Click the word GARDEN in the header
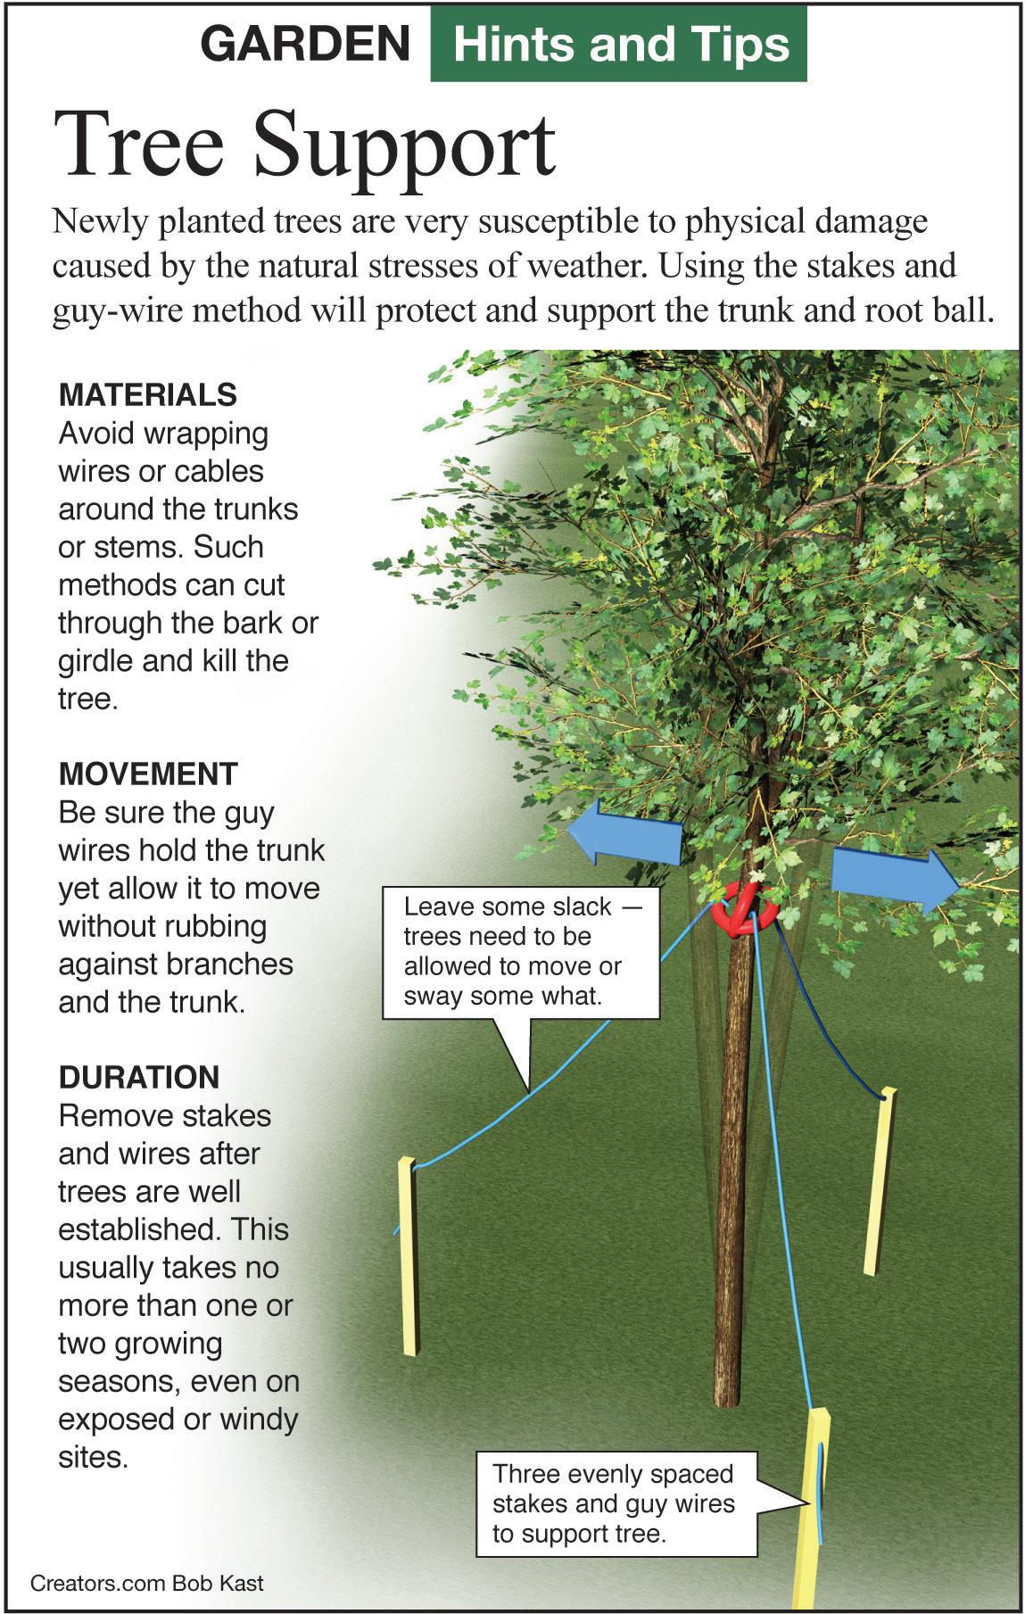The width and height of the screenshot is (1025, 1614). pos(305,44)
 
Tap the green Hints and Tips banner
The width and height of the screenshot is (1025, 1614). pos(619,45)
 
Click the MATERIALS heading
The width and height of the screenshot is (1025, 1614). pos(147,394)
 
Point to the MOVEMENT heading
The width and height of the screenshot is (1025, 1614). pos(148,774)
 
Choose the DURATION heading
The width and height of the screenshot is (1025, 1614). pos(139,1077)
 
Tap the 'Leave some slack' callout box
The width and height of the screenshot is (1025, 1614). pos(520,952)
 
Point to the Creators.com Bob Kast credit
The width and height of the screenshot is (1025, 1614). pos(147,1584)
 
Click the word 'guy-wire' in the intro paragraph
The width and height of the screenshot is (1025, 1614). pos(112,312)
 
